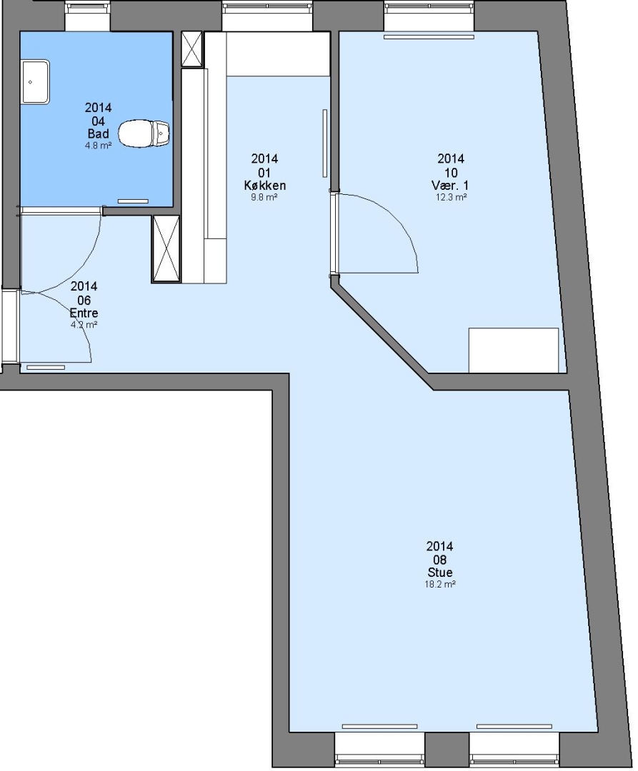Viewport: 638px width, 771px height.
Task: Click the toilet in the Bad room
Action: point(144,133)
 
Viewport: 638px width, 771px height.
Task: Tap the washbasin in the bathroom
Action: point(36,81)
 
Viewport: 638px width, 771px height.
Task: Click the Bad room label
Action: point(99,133)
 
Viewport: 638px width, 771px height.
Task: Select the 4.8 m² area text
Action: point(99,146)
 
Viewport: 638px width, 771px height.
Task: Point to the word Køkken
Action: point(264,186)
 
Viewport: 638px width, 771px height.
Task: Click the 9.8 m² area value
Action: point(264,197)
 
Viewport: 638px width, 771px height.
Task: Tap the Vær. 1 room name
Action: point(450,186)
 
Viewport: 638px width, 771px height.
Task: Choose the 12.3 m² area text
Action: point(451,197)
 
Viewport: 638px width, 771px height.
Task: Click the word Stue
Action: point(440,573)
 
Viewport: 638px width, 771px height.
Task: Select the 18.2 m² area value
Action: point(440,585)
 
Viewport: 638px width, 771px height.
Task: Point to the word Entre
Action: point(84,313)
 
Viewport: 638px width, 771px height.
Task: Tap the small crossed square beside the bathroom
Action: point(192,49)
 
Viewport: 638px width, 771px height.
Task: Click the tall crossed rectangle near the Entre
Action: point(166,249)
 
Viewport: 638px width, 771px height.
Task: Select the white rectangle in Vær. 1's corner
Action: point(514,350)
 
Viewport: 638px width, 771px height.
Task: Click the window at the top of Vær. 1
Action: point(429,16)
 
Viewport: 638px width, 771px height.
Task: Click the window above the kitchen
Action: point(267,16)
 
